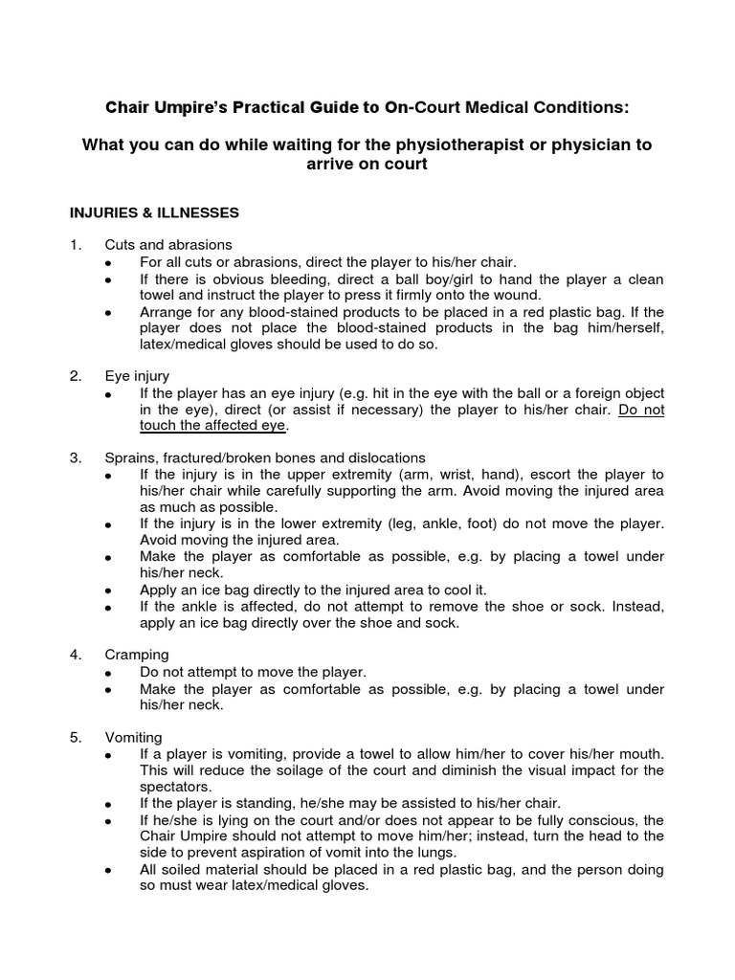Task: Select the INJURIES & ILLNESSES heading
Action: click(154, 212)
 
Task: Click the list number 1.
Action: click(76, 245)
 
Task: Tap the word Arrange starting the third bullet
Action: click(168, 313)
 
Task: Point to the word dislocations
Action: click(388, 458)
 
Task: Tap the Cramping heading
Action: click(137, 655)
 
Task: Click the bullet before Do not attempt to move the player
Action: click(110, 673)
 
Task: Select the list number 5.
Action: click(76, 737)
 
